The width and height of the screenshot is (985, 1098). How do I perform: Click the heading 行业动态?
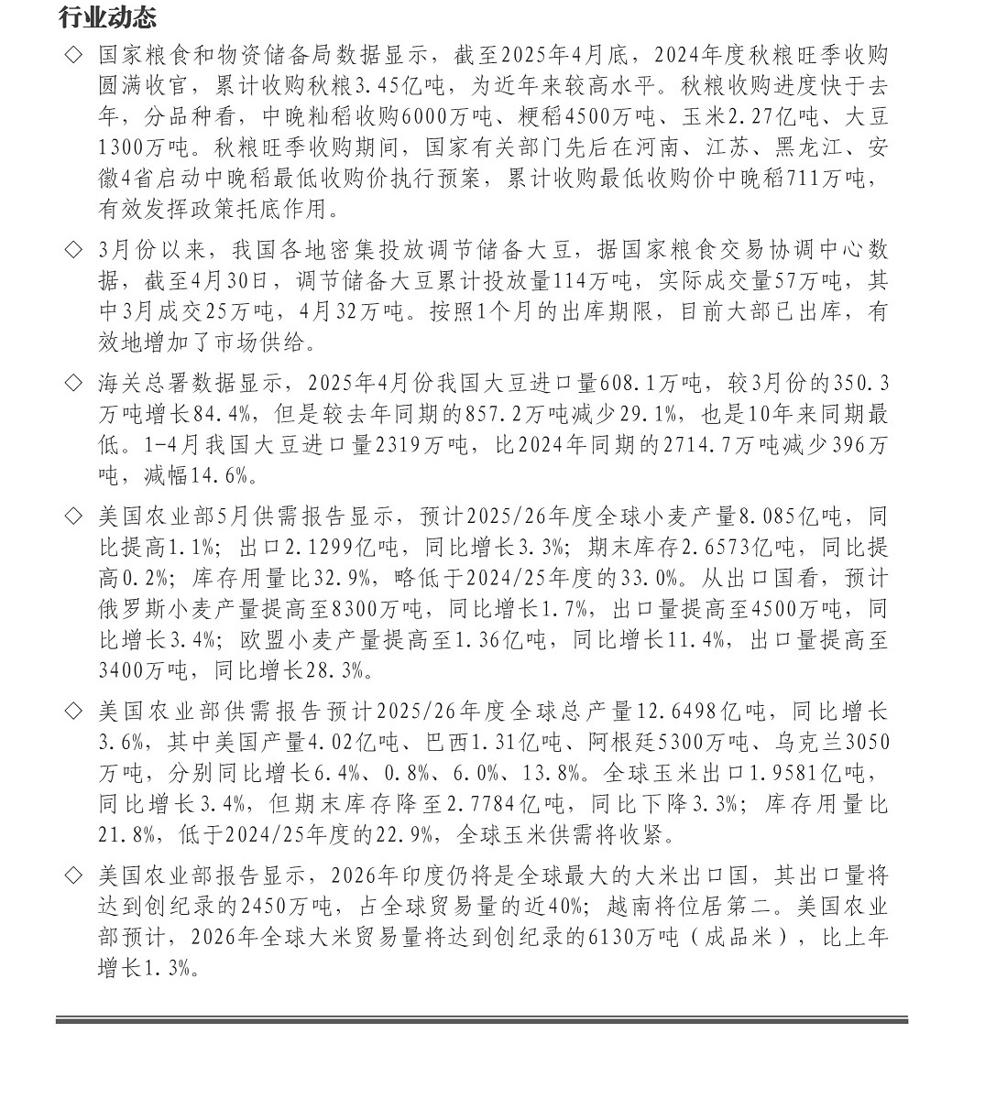107,17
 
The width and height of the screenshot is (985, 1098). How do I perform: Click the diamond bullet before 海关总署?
73,382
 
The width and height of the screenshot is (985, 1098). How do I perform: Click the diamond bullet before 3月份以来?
73,249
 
